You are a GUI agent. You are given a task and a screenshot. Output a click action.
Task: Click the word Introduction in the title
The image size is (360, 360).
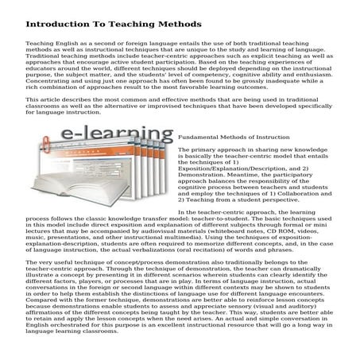56,25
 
